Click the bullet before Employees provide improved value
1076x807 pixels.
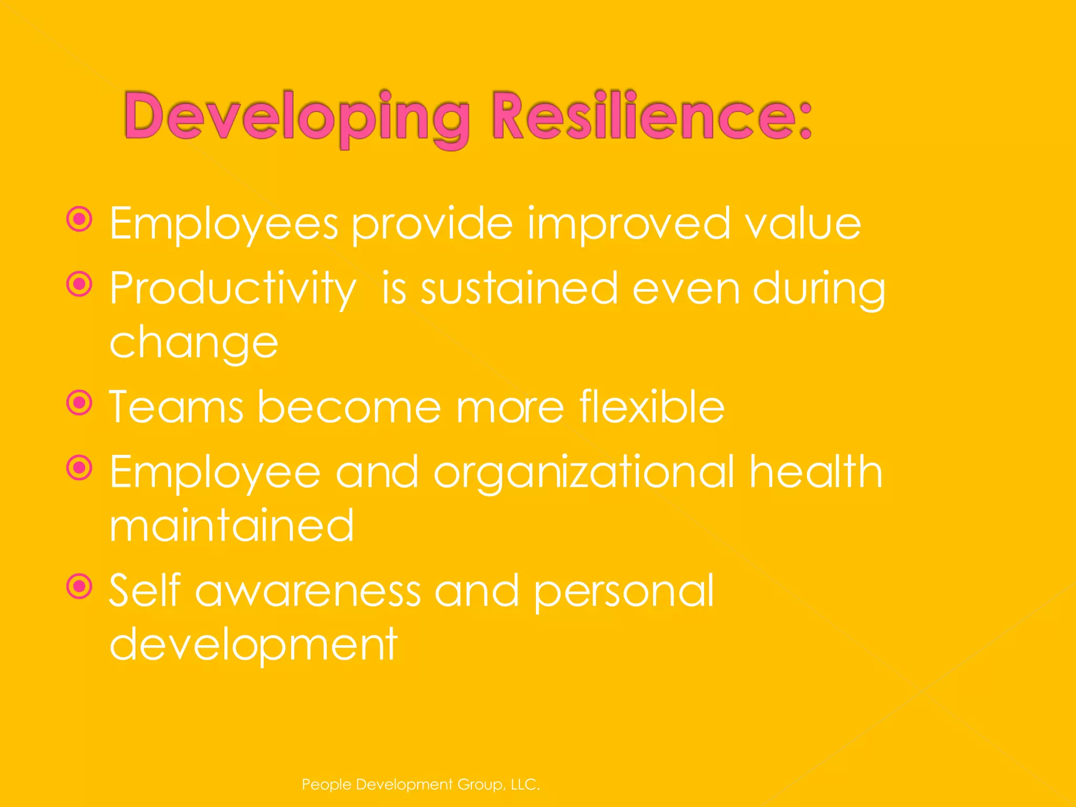(x=80, y=219)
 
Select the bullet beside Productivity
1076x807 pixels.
(x=80, y=284)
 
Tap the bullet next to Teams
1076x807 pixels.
(x=80, y=403)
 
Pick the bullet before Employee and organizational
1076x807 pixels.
(x=80, y=468)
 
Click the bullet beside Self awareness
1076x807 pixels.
(x=80, y=586)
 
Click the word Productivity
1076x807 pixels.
(x=233, y=289)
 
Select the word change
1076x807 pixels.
(x=193, y=343)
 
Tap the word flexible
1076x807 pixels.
(x=651, y=407)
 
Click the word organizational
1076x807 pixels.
(x=584, y=473)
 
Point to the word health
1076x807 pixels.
(x=815, y=472)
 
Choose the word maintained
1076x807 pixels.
(x=232, y=525)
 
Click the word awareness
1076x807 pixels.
(x=308, y=591)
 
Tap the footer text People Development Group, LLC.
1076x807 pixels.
(x=421, y=784)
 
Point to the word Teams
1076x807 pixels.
(x=176, y=407)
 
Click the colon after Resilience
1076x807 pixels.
(x=805, y=121)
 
